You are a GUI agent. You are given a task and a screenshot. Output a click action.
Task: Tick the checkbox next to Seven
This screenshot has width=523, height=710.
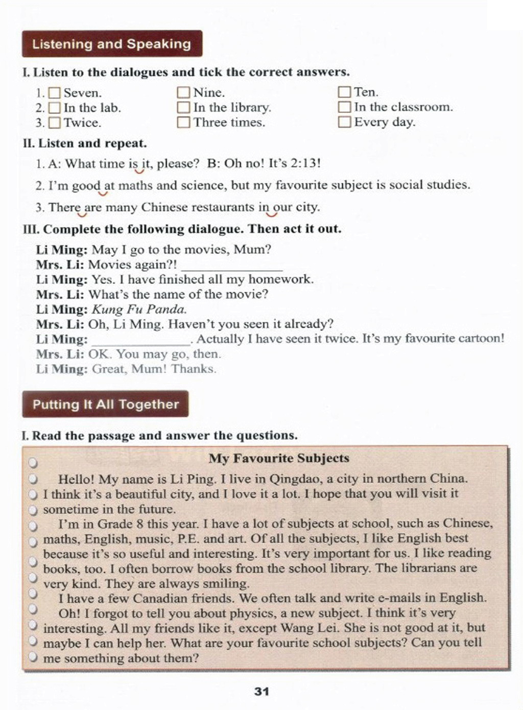click(55, 93)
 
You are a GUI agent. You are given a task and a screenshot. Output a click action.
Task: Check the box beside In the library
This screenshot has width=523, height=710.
click(183, 108)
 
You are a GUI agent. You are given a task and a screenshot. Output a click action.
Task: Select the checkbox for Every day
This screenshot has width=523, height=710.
click(345, 122)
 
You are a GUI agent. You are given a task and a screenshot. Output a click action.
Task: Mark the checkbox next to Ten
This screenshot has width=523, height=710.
click(345, 92)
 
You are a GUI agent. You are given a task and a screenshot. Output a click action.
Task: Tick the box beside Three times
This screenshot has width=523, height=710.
click(183, 123)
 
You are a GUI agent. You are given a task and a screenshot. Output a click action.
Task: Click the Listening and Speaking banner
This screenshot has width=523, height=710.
click(112, 44)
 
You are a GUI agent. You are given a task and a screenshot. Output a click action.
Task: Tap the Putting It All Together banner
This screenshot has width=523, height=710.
click(105, 404)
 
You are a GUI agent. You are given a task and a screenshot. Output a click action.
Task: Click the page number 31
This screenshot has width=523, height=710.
click(261, 691)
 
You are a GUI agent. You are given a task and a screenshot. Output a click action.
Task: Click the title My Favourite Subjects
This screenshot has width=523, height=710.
click(279, 458)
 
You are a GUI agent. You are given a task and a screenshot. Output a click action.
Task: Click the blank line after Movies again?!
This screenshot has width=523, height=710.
click(232, 266)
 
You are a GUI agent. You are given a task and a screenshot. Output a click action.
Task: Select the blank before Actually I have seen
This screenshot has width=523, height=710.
click(140, 340)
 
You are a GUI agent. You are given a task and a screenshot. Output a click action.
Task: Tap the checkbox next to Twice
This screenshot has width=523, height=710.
click(55, 123)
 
